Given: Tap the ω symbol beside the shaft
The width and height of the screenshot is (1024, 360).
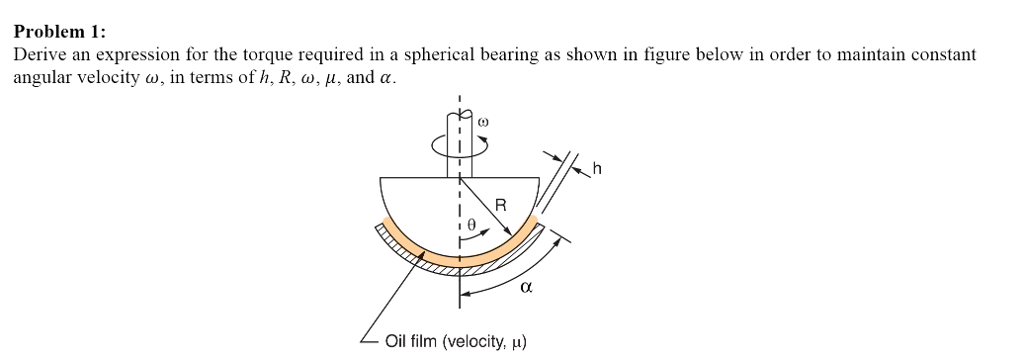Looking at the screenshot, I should [x=484, y=121].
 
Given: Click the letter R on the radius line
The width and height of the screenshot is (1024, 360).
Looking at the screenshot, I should [x=501, y=205].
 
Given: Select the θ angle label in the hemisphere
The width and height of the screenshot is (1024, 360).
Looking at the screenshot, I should [x=476, y=227].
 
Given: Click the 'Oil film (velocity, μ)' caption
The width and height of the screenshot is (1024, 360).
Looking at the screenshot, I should [x=455, y=341].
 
